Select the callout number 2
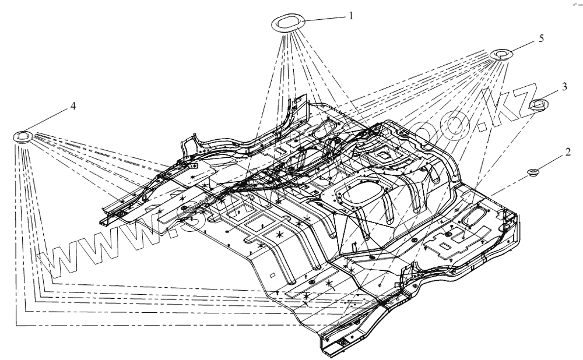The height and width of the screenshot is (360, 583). coord(566,152)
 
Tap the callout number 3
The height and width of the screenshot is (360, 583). coord(564,86)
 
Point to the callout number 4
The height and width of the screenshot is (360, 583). coord(73,106)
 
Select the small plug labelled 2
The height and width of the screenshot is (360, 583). coord(532,172)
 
